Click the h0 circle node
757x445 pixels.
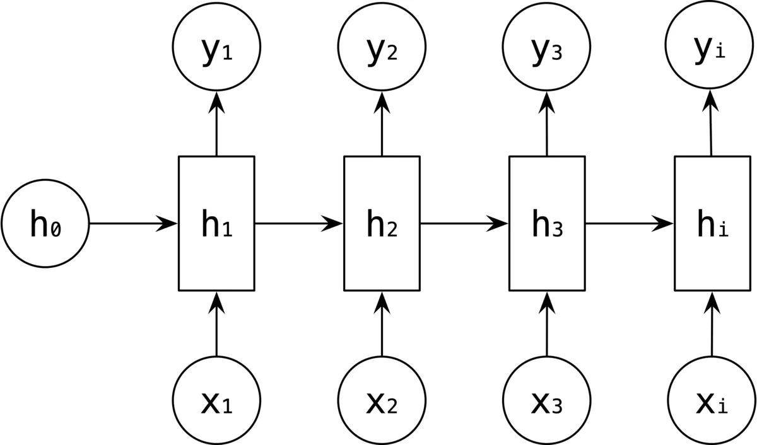[x=45, y=223]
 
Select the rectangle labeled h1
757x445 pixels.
[x=216, y=223]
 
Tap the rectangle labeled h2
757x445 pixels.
[x=382, y=223]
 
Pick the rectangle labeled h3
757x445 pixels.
[x=547, y=223]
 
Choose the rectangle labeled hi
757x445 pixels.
[x=712, y=223]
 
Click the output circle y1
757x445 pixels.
[x=216, y=51]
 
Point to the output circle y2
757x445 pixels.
[x=382, y=51]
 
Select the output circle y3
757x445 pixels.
[x=546, y=51]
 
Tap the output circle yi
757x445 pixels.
[x=711, y=51]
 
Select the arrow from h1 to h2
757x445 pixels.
[x=299, y=223]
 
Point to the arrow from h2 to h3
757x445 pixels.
[x=464, y=223]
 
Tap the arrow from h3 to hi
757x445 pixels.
[x=630, y=223]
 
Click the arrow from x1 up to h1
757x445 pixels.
[x=216, y=324]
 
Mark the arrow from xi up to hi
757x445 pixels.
[x=712, y=324]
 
